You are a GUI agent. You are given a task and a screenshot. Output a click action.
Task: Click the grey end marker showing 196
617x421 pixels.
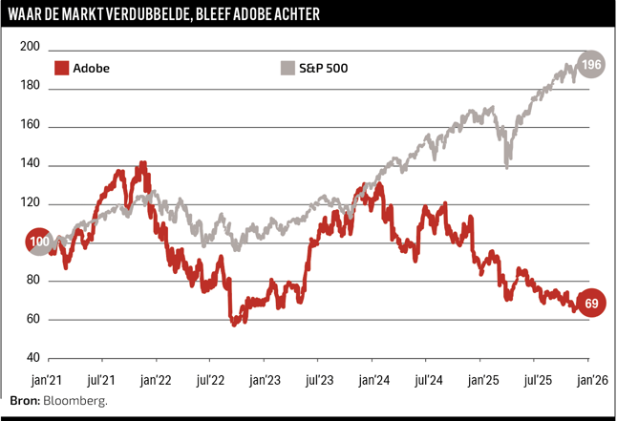point(591,65)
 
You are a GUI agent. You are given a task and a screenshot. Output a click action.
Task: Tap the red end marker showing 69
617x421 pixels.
point(591,304)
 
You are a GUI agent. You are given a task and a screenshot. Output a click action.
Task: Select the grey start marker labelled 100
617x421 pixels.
point(39,242)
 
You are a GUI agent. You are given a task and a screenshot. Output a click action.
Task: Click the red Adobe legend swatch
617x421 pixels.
point(62,68)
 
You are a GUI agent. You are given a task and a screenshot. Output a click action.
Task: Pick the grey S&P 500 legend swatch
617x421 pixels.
point(287,68)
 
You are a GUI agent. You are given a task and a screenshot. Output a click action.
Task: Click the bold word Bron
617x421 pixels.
point(24,402)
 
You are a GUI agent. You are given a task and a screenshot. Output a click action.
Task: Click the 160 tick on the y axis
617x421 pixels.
point(30,126)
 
